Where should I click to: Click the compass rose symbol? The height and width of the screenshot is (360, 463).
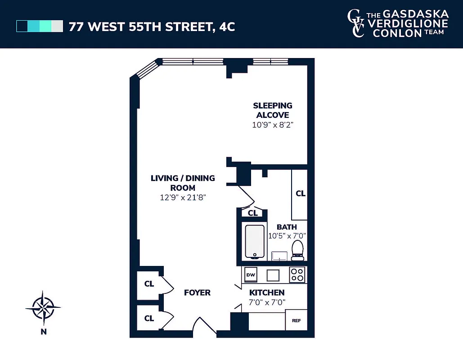click(43, 308)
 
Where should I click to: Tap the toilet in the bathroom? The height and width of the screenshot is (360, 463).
click(297, 251)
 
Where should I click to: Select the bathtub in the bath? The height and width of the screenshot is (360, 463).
click(254, 242)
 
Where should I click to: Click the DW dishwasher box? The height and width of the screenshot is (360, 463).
click(251, 274)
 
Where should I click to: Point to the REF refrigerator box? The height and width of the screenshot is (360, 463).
click(296, 320)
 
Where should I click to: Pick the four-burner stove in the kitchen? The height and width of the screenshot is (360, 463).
click(297, 274)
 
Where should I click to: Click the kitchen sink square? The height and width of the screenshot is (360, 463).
click(273, 274)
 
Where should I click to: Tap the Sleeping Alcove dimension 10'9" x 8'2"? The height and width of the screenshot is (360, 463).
click(273, 125)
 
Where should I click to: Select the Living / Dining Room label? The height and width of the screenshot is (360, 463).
click(183, 183)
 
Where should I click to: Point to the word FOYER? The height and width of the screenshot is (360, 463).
click(197, 292)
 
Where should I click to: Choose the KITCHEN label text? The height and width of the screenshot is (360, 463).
click(267, 292)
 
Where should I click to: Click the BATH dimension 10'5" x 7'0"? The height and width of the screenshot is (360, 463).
click(287, 235)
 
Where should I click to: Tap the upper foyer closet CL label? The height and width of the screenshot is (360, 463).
click(149, 284)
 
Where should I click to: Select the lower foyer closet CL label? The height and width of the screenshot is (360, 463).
click(149, 318)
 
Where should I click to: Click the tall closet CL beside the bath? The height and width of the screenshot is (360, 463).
click(300, 193)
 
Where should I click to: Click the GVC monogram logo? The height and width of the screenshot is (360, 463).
click(355, 23)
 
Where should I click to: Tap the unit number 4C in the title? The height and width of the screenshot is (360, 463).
click(227, 27)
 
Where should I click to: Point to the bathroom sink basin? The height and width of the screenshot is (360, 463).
click(281, 256)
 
